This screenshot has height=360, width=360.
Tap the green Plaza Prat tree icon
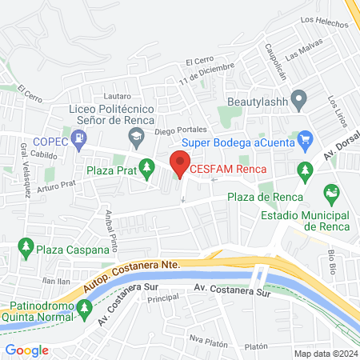(146, 168)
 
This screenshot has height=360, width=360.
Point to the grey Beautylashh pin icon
(300, 102)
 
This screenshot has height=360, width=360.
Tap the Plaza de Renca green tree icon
(304, 170)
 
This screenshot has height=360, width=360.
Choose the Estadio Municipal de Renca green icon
(331, 193)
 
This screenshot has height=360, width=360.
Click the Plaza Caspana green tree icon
(26, 246)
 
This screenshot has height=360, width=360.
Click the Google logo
(26, 350)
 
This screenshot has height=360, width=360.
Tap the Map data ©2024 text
(325, 354)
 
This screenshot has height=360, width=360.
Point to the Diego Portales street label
(180, 130)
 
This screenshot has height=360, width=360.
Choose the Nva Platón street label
(206, 337)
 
